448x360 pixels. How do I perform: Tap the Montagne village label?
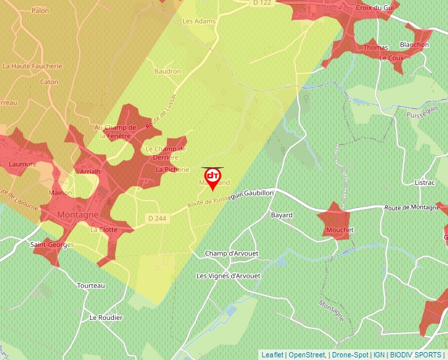[78, 215]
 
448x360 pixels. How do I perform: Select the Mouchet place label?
[339, 230]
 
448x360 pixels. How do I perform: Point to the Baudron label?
[167, 71]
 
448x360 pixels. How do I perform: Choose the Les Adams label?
[199, 21]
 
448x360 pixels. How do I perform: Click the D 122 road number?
[262, 4]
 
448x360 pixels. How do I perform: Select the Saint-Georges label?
[52, 245]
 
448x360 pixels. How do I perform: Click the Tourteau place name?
[91, 286]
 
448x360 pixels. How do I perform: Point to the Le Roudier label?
[106, 317]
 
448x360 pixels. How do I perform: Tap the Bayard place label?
[282, 215]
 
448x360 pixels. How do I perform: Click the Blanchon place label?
[414, 45]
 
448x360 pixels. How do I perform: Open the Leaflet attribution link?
[272, 355]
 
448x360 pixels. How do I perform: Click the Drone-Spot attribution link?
[350, 355]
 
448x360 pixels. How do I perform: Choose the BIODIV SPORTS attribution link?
[416, 355]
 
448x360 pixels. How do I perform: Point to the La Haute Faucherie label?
[32, 66]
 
